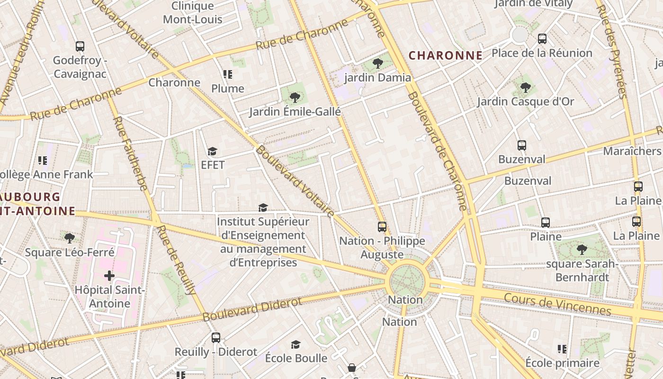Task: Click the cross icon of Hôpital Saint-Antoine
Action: point(109,275)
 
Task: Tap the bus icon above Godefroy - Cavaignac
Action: point(80,46)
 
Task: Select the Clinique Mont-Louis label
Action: point(193,13)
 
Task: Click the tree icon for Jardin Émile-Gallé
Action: point(295,98)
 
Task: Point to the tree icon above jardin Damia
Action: point(377,63)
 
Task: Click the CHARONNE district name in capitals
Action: point(445,55)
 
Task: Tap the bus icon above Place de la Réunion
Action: point(542,39)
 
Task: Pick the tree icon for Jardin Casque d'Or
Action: point(525,87)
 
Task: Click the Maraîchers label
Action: point(632,151)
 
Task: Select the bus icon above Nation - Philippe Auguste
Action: point(382,227)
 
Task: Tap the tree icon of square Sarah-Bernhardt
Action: point(582,250)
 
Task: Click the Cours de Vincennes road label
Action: point(557,304)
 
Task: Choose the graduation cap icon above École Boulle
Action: point(296,344)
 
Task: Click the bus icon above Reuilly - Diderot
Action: point(216,338)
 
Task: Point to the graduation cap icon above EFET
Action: point(212,151)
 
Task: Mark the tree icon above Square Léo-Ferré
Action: point(70,238)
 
